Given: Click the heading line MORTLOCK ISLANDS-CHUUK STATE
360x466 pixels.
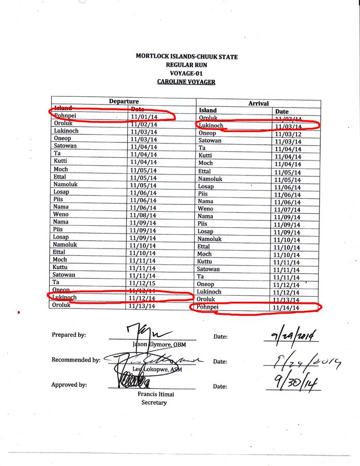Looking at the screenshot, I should (x=186, y=56).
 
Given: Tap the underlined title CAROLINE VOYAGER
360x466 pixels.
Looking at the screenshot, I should (x=186, y=82).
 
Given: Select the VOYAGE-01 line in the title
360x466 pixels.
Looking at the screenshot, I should (x=186, y=74).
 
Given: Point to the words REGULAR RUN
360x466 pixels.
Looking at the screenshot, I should (x=186, y=65).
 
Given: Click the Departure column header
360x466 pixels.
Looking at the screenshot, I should (x=124, y=101).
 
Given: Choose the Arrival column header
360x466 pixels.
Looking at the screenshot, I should (x=258, y=104).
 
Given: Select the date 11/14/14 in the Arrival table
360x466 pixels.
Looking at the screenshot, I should (x=287, y=308).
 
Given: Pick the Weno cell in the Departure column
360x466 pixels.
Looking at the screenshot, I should (x=61, y=214).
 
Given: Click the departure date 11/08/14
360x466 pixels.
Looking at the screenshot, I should (x=143, y=215).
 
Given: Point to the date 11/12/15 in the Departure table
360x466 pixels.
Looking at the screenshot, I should (x=143, y=283).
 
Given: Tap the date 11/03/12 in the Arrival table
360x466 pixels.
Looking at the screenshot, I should (x=287, y=134).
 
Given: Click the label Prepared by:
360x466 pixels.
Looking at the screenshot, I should (x=69, y=335).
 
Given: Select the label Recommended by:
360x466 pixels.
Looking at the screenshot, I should (x=76, y=360).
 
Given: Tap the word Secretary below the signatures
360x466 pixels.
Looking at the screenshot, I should (x=154, y=403).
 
